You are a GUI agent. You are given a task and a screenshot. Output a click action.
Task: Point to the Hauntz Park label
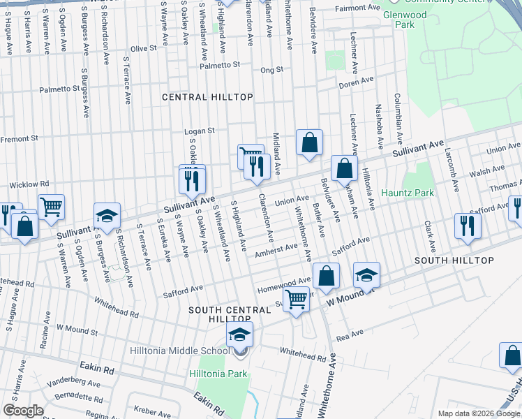click(408, 193)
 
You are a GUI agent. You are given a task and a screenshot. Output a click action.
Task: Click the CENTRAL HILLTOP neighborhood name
click(207, 97)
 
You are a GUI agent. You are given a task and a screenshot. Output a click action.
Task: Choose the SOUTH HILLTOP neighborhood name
click(454, 260)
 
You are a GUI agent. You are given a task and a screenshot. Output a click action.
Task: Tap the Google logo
click(24, 411)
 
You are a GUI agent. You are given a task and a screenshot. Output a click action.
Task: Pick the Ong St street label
click(271, 70)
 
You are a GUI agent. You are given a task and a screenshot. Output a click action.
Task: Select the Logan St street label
click(199, 131)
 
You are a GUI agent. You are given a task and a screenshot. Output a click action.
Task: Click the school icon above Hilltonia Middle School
click(239, 336)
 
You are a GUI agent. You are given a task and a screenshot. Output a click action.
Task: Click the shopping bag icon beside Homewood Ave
click(326, 275)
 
